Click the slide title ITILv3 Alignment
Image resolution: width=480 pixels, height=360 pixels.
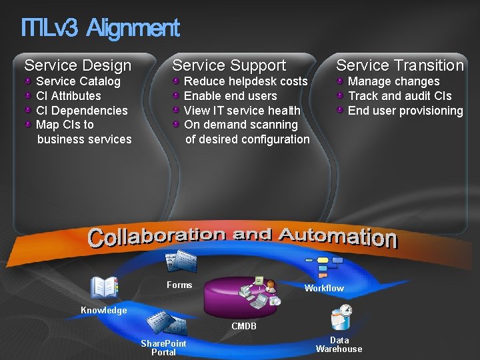(100, 28)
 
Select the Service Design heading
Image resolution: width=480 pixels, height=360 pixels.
(78, 65)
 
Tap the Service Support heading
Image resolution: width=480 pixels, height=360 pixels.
(229, 65)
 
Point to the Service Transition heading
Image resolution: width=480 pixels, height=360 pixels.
(400, 65)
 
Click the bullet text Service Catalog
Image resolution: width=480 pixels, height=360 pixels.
(78, 81)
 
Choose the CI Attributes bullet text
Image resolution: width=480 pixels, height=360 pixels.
(69, 96)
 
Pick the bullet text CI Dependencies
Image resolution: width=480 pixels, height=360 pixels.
(81, 111)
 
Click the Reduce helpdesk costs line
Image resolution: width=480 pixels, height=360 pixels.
(245, 81)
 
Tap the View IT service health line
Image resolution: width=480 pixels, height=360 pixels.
(242, 111)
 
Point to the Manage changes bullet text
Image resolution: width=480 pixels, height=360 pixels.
(394, 81)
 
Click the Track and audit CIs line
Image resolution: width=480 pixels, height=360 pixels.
(400, 96)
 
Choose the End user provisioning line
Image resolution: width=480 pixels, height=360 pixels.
(405, 111)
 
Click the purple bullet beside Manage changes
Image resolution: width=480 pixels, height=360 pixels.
(341, 81)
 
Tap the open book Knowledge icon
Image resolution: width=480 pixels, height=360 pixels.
(103, 287)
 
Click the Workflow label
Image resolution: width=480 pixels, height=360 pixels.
(324, 288)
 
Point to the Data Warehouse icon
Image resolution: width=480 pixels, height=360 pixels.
(341, 317)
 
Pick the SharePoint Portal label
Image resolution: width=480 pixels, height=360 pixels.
(163, 347)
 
